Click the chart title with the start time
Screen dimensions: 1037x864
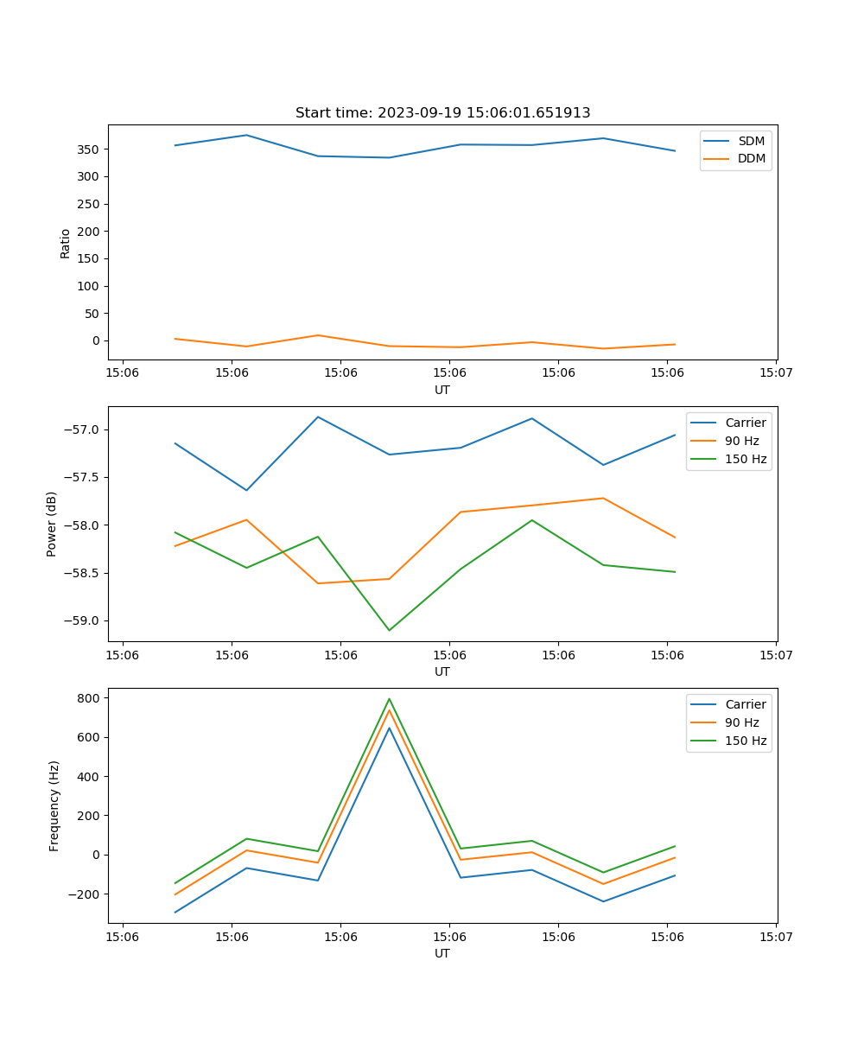(x=442, y=113)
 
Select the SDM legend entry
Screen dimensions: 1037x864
(x=751, y=141)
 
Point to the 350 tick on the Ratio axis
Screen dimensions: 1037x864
(x=90, y=150)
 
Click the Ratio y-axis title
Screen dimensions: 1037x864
(x=66, y=244)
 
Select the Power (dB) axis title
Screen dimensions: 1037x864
(x=52, y=524)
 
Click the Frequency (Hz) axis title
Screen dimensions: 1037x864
(x=54, y=805)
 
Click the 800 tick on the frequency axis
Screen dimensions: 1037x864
(x=90, y=698)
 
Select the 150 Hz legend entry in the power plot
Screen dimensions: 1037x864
(x=746, y=459)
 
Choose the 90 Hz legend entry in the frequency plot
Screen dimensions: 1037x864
(x=742, y=722)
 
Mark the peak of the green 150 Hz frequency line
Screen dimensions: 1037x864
(x=389, y=699)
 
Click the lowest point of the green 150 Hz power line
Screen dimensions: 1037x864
(x=389, y=630)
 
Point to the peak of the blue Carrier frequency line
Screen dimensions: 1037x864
(x=389, y=728)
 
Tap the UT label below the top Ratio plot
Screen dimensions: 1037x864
(x=442, y=390)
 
